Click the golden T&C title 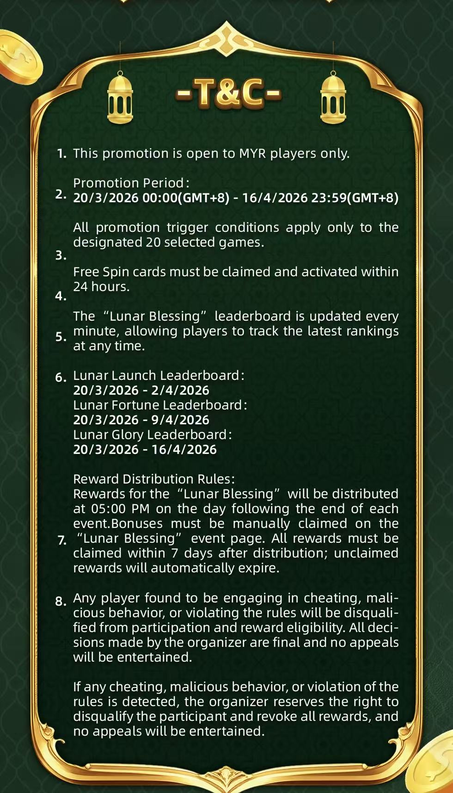point(228,94)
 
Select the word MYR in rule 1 point(252,154)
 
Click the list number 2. point(61,194)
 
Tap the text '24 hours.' point(101,287)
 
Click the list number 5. point(61,337)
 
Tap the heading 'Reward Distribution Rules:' point(154,479)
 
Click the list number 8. point(61,601)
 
